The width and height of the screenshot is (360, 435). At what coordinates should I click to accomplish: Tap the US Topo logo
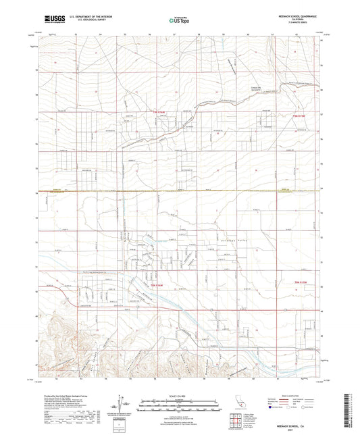point(174,20)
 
